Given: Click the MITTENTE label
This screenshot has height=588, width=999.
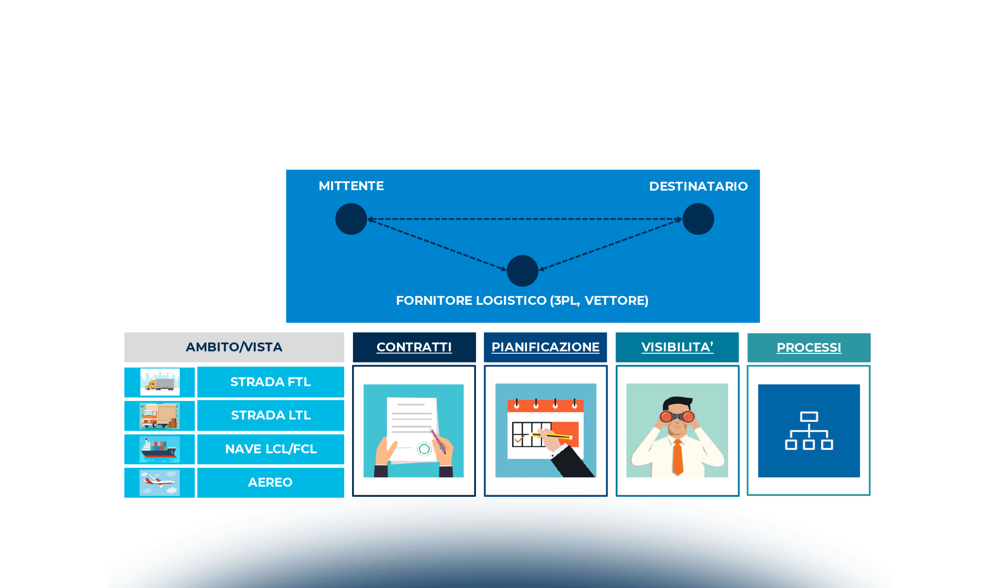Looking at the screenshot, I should (x=351, y=186).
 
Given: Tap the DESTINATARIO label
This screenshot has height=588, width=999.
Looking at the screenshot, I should (x=698, y=186).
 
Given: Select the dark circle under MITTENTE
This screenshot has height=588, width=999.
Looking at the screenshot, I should (x=351, y=219).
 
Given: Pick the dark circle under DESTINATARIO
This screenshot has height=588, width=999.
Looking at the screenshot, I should (x=698, y=219).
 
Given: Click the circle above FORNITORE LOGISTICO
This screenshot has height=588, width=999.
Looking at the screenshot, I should (x=523, y=270).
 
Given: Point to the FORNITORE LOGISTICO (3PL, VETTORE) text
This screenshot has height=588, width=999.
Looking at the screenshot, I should (x=522, y=300).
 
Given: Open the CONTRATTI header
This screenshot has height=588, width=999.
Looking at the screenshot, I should (x=414, y=347).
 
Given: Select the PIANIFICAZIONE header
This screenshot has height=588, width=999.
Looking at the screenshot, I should (x=545, y=347).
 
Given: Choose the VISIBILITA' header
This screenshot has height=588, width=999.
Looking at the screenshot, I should (x=677, y=347).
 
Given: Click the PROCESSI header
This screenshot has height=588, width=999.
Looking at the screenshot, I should (x=809, y=348).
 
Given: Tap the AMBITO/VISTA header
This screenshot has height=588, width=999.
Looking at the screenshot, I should (x=234, y=347).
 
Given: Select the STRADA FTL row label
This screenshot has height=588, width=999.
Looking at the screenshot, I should (x=270, y=382).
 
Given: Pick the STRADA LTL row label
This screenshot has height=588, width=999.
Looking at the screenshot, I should (x=270, y=416).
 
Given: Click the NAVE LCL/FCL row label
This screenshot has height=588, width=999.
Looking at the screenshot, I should (x=270, y=449).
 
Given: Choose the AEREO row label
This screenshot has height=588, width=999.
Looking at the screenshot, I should (x=270, y=483).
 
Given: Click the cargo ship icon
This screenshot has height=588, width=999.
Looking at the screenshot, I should (x=159, y=449).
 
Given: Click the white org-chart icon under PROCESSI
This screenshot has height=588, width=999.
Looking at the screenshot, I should (x=809, y=431).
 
